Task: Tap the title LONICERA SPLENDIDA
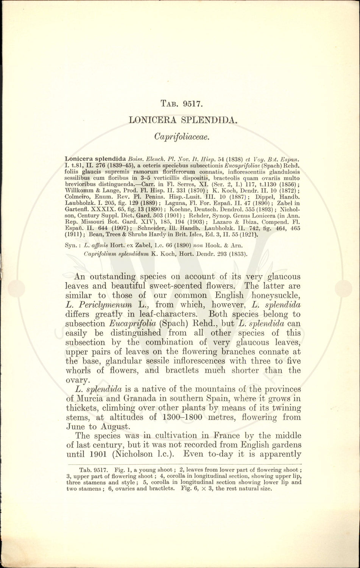(183, 120)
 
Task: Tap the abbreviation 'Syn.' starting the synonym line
(72, 245)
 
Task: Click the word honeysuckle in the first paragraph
(275, 295)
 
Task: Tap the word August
(108, 427)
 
